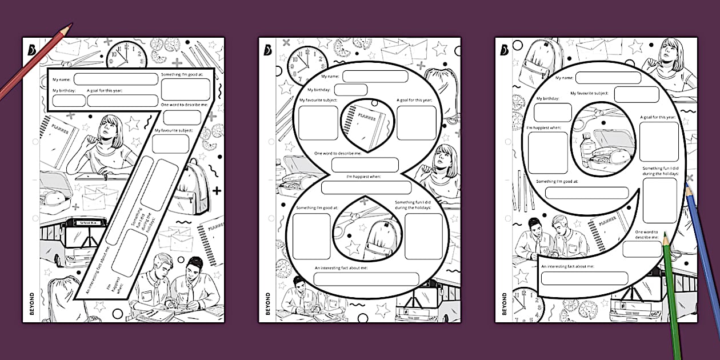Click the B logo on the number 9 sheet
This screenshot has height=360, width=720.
pyautogui.click(x=503, y=50)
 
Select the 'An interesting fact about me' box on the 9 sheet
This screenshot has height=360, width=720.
pyautogui.click(x=584, y=278)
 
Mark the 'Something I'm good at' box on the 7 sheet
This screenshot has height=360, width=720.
pyautogui.click(x=185, y=90)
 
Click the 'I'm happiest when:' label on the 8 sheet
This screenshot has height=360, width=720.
pyautogui.click(x=364, y=177)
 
